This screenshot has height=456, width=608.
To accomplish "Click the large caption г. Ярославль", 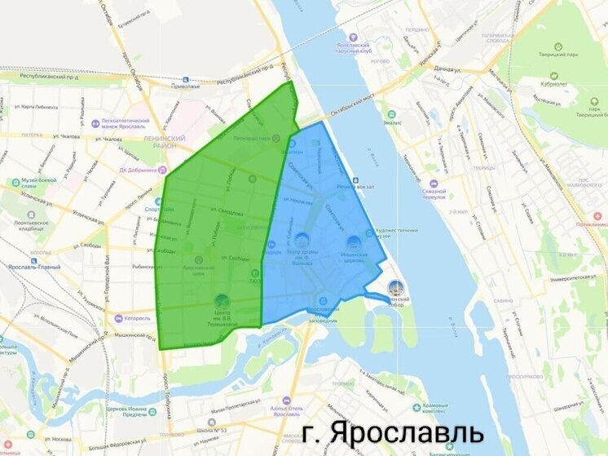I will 392,432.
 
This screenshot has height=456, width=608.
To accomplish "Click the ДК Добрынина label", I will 123,170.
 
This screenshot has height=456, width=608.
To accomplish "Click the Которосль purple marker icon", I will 119,318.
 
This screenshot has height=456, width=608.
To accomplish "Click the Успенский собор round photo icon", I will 396,287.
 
